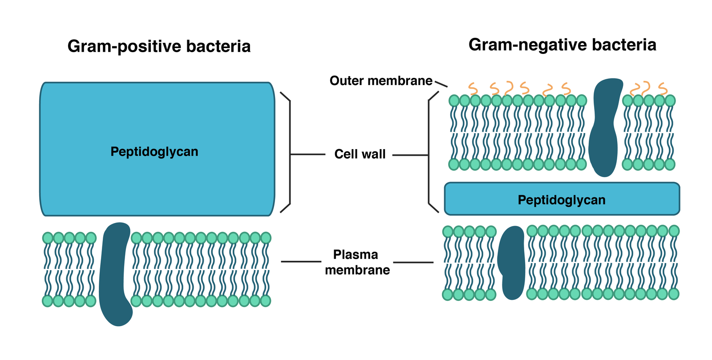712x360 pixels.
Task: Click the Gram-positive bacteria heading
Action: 159,46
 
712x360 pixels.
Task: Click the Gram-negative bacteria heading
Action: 562,44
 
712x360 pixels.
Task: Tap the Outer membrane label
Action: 380,81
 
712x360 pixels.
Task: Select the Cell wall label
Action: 360,154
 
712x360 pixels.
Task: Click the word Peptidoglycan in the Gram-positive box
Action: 154,151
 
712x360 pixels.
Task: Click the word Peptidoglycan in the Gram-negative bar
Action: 561,200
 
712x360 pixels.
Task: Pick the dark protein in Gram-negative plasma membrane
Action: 512,263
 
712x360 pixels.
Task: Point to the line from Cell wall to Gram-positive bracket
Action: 307,154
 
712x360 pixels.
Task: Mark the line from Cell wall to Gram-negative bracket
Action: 410,155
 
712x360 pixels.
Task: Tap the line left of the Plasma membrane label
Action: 301,262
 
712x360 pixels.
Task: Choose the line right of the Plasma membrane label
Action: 413,263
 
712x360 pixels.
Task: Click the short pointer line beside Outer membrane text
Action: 441,84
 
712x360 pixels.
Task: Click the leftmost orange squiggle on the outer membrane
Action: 473,89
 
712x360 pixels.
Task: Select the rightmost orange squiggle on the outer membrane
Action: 663,89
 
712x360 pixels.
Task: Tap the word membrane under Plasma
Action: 357,270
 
